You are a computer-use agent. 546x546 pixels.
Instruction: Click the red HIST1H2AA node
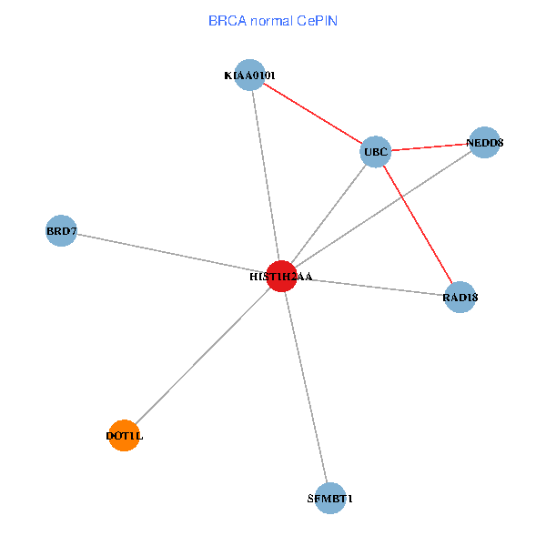(281, 276)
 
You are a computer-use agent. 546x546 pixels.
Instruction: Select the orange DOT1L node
(124, 436)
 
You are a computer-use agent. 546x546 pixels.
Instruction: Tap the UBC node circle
(375, 151)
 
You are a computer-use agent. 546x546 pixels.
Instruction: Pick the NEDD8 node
(484, 142)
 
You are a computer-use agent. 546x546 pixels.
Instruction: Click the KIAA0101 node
(249, 75)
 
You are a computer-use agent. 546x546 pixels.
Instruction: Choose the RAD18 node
(460, 297)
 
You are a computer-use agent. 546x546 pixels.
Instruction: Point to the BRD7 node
(60, 231)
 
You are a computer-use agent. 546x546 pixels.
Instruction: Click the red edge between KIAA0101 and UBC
(312, 113)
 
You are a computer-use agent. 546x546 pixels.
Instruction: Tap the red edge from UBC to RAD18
(417, 224)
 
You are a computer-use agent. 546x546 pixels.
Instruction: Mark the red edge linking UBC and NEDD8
(430, 147)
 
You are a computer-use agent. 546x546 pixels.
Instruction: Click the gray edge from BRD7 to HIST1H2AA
(171, 253)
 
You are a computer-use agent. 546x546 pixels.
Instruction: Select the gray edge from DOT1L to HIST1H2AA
(202, 356)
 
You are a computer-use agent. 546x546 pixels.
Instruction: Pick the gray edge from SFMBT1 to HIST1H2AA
(306, 387)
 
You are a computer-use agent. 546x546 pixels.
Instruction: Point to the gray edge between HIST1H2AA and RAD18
(370, 286)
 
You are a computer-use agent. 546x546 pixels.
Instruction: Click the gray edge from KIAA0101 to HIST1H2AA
(265, 175)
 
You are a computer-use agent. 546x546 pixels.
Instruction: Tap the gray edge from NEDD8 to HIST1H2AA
(382, 208)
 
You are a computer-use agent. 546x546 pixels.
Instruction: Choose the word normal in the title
(269, 20)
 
